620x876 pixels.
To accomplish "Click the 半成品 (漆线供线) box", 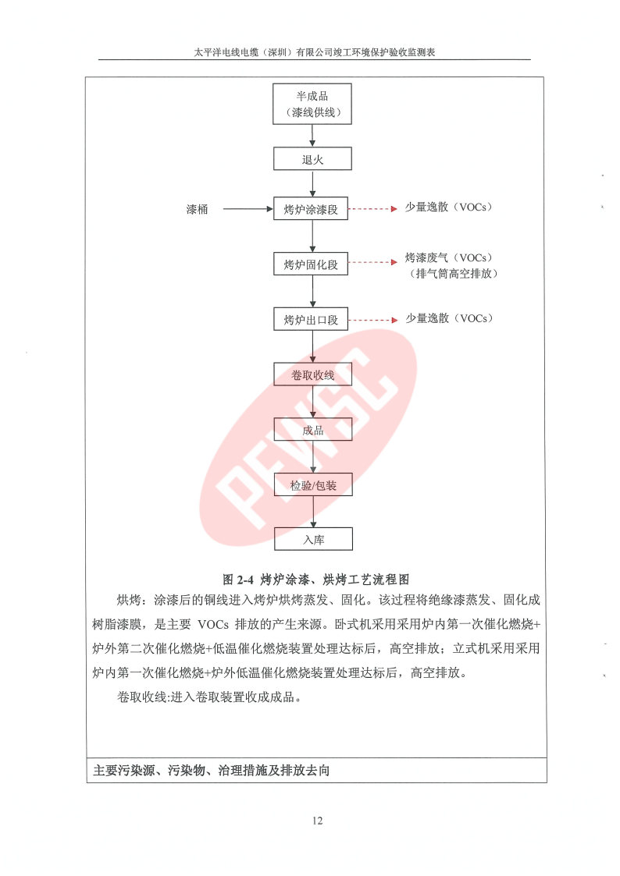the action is [312, 104].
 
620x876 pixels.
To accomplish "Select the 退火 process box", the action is [312, 158].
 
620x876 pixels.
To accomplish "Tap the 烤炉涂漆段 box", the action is [310, 208].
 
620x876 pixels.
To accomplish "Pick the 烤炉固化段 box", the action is [310, 264].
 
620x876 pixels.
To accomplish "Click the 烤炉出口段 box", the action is [310, 319].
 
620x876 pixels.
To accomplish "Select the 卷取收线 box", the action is [312, 374].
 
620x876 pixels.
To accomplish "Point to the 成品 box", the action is [312, 429].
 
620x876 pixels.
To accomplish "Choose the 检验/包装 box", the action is [313, 484].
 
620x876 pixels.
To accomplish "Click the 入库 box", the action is [313, 539].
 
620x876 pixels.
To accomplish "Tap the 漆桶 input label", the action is [197, 209].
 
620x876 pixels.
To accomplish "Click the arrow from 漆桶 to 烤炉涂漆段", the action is [248, 209].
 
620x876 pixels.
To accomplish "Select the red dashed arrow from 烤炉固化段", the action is [372, 262].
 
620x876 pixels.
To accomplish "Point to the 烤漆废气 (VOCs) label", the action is [449, 257].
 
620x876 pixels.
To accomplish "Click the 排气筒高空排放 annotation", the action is [454, 273].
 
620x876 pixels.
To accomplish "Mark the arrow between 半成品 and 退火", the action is [312, 135].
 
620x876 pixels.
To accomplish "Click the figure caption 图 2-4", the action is [316, 579].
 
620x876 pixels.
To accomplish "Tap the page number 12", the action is [317, 820].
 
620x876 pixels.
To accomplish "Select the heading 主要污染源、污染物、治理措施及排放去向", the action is [212, 771].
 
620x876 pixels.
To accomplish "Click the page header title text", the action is [314, 52].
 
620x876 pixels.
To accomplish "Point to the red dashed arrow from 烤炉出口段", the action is [372, 320].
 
